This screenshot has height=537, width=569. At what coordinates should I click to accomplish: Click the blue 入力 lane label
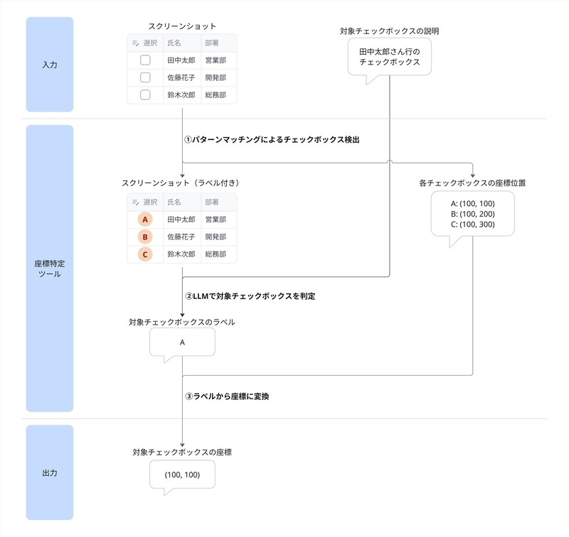[50, 65]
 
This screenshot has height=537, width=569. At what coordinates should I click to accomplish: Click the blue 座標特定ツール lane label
[50, 268]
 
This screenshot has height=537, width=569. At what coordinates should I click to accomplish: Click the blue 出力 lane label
[50, 472]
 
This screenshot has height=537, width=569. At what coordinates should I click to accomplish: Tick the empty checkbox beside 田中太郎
[145, 60]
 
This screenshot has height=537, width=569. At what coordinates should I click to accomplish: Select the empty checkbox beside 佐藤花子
[145, 77]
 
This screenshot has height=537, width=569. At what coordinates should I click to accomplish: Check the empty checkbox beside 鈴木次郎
[145, 95]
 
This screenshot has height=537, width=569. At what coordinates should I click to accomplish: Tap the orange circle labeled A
[145, 219]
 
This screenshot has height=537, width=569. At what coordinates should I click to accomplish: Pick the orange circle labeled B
[145, 237]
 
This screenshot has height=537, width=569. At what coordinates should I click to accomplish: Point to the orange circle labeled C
[145, 254]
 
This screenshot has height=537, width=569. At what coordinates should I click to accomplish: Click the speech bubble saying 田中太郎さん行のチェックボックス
[389, 57]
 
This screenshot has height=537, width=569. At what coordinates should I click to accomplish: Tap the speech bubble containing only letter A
[182, 342]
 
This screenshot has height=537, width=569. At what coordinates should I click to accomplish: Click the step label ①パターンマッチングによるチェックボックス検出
[272, 139]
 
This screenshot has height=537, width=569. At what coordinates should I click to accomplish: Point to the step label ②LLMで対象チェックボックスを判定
[250, 296]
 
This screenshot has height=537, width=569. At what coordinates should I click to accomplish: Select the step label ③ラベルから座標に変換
[227, 396]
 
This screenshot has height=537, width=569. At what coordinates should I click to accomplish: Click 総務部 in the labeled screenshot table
[216, 254]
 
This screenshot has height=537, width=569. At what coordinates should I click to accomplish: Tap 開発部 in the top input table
[216, 77]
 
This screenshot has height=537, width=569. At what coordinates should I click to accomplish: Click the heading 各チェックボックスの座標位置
[472, 183]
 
